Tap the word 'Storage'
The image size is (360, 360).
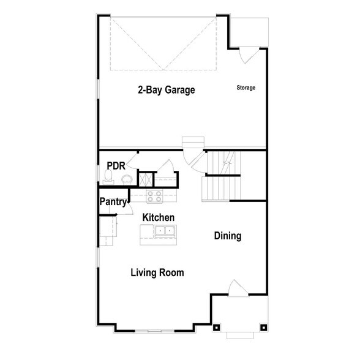[246, 88]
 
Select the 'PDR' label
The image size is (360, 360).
[116, 166]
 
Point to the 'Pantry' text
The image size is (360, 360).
[113, 201]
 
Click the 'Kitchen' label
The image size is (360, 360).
[159, 217]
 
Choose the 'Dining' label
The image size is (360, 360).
[227, 236]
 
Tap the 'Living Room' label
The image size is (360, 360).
[157, 272]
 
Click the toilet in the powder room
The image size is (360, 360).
[108, 178]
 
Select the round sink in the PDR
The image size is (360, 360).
[127, 179]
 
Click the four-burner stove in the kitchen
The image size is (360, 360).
[154, 197]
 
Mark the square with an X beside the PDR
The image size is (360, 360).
[144, 179]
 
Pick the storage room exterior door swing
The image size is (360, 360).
[244, 54]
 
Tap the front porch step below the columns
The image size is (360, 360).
[240, 335]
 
